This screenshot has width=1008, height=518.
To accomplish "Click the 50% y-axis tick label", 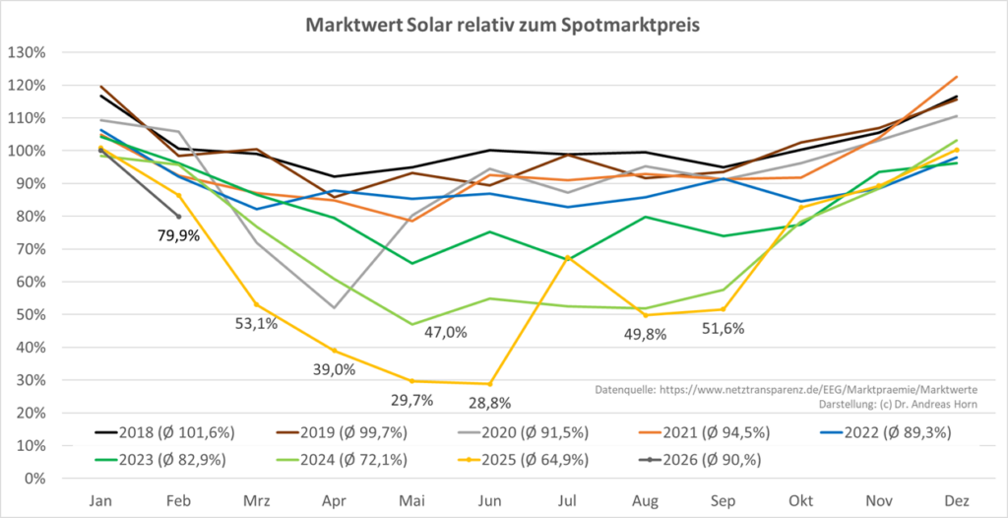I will click(32, 315).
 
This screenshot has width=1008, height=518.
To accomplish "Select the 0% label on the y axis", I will click(36, 479).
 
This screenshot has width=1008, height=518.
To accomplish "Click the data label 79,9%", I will click(179, 235).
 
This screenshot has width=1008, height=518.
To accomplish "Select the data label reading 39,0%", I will click(334, 369).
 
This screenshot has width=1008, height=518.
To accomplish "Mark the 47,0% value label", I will click(445, 332).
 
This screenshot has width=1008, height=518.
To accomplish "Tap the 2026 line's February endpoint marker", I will click(179, 217).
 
